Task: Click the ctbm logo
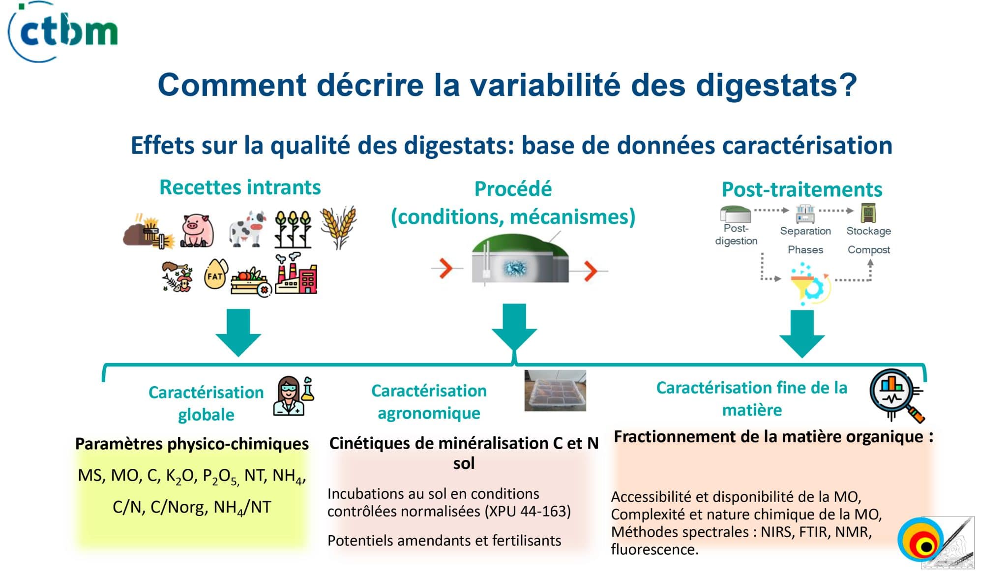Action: click(63, 31)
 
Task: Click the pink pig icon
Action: click(197, 230)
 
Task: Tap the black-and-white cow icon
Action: click(247, 229)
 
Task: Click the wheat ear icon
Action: click(338, 227)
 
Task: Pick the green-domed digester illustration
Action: click(520, 259)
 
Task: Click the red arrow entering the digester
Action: click(446, 269)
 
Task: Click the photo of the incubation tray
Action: click(555, 391)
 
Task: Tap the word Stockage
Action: click(868, 231)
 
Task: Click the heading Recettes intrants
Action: click(240, 187)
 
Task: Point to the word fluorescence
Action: click(654, 549)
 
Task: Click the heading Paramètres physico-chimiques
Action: click(192, 444)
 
